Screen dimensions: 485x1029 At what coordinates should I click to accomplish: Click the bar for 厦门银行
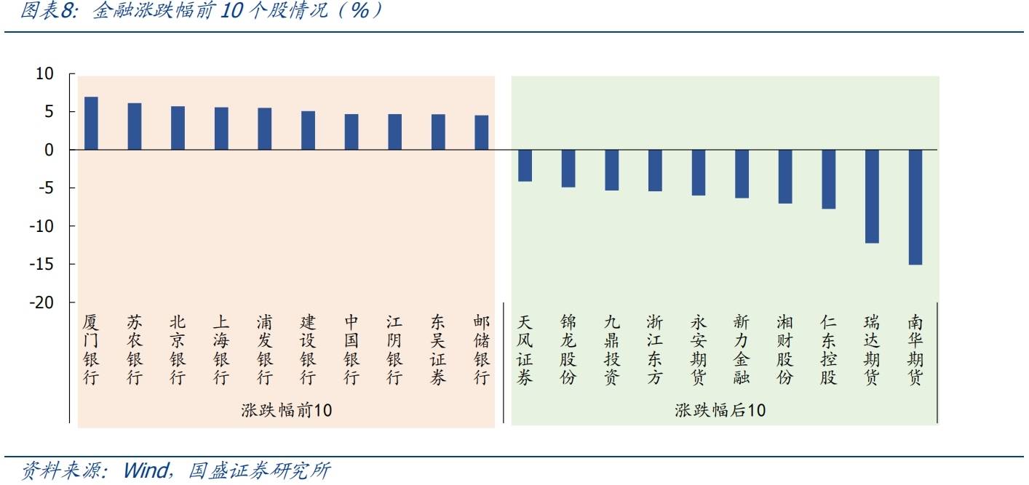tap(91, 124)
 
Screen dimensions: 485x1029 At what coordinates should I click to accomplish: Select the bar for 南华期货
tap(915, 207)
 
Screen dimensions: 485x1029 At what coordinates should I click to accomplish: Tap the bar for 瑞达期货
tap(872, 196)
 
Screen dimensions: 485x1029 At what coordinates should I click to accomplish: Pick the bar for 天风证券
tap(525, 166)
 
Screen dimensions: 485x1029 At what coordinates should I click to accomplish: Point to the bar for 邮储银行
tap(482, 132)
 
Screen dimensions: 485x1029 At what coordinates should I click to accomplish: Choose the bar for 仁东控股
tap(828, 180)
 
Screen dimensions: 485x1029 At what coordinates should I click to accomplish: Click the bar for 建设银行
tap(308, 131)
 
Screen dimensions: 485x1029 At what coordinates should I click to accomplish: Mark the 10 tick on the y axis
tap(44, 74)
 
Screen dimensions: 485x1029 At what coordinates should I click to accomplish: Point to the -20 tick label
tap(41, 302)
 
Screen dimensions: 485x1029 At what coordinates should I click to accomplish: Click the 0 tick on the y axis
tap(49, 150)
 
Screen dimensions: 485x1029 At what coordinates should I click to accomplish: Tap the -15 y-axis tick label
tap(41, 265)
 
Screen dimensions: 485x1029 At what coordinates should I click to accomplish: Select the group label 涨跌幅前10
tap(286, 410)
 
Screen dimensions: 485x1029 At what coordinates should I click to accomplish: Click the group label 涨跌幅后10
tap(720, 410)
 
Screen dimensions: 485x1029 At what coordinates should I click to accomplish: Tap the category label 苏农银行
tap(135, 350)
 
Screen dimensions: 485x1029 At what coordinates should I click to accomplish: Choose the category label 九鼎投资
tap(611, 350)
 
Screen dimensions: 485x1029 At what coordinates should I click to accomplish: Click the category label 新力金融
tap(742, 350)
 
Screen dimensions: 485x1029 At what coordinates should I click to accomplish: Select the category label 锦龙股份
tap(568, 350)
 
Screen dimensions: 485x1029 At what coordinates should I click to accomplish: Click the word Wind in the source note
tap(146, 470)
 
